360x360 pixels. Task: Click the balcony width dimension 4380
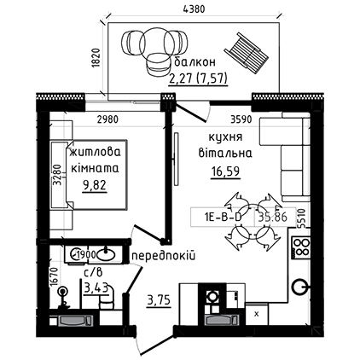pyautogui.click(x=195, y=9)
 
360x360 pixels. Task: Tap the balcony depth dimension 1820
pyautogui.click(x=96, y=58)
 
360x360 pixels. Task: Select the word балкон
pyautogui.click(x=195, y=62)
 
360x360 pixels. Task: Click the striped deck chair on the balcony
pyautogui.click(x=247, y=53)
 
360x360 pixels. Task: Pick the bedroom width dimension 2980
pyautogui.click(x=107, y=119)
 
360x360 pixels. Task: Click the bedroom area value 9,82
pyautogui.click(x=95, y=186)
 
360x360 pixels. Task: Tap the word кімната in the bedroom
pyautogui.click(x=95, y=169)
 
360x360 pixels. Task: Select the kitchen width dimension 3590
pyautogui.click(x=241, y=119)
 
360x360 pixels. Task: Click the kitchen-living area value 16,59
pyautogui.click(x=225, y=171)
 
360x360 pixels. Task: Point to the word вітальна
pyautogui.click(x=225, y=153)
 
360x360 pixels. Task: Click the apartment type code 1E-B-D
pyautogui.click(x=223, y=218)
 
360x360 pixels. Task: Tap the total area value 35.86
pyautogui.click(x=272, y=218)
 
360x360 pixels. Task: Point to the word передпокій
pyautogui.click(x=164, y=256)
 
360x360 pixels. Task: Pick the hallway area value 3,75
pyautogui.click(x=159, y=300)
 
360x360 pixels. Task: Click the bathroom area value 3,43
pyautogui.click(x=96, y=288)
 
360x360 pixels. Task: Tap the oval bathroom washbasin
pyautogui.click(x=107, y=254)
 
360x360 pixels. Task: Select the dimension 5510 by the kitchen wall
pyautogui.click(x=302, y=218)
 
